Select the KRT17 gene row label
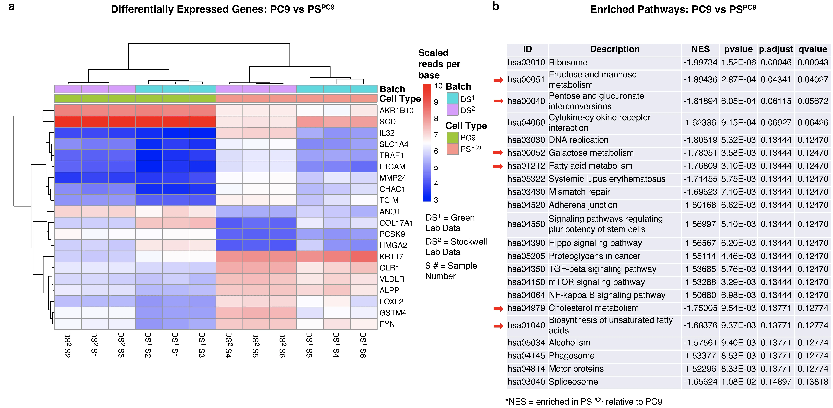point(391,257)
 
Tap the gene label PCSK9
point(392,234)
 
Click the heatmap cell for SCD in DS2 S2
point(68,122)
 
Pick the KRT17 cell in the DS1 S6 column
point(364,257)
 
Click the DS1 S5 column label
point(309,345)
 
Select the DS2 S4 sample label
point(229,345)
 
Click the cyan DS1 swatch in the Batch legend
point(452,98)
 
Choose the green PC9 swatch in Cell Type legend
point(452,138)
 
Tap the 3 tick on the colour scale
point(436,200)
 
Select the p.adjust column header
point(776,49)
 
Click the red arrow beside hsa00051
point(498,80)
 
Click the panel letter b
point(496,6)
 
